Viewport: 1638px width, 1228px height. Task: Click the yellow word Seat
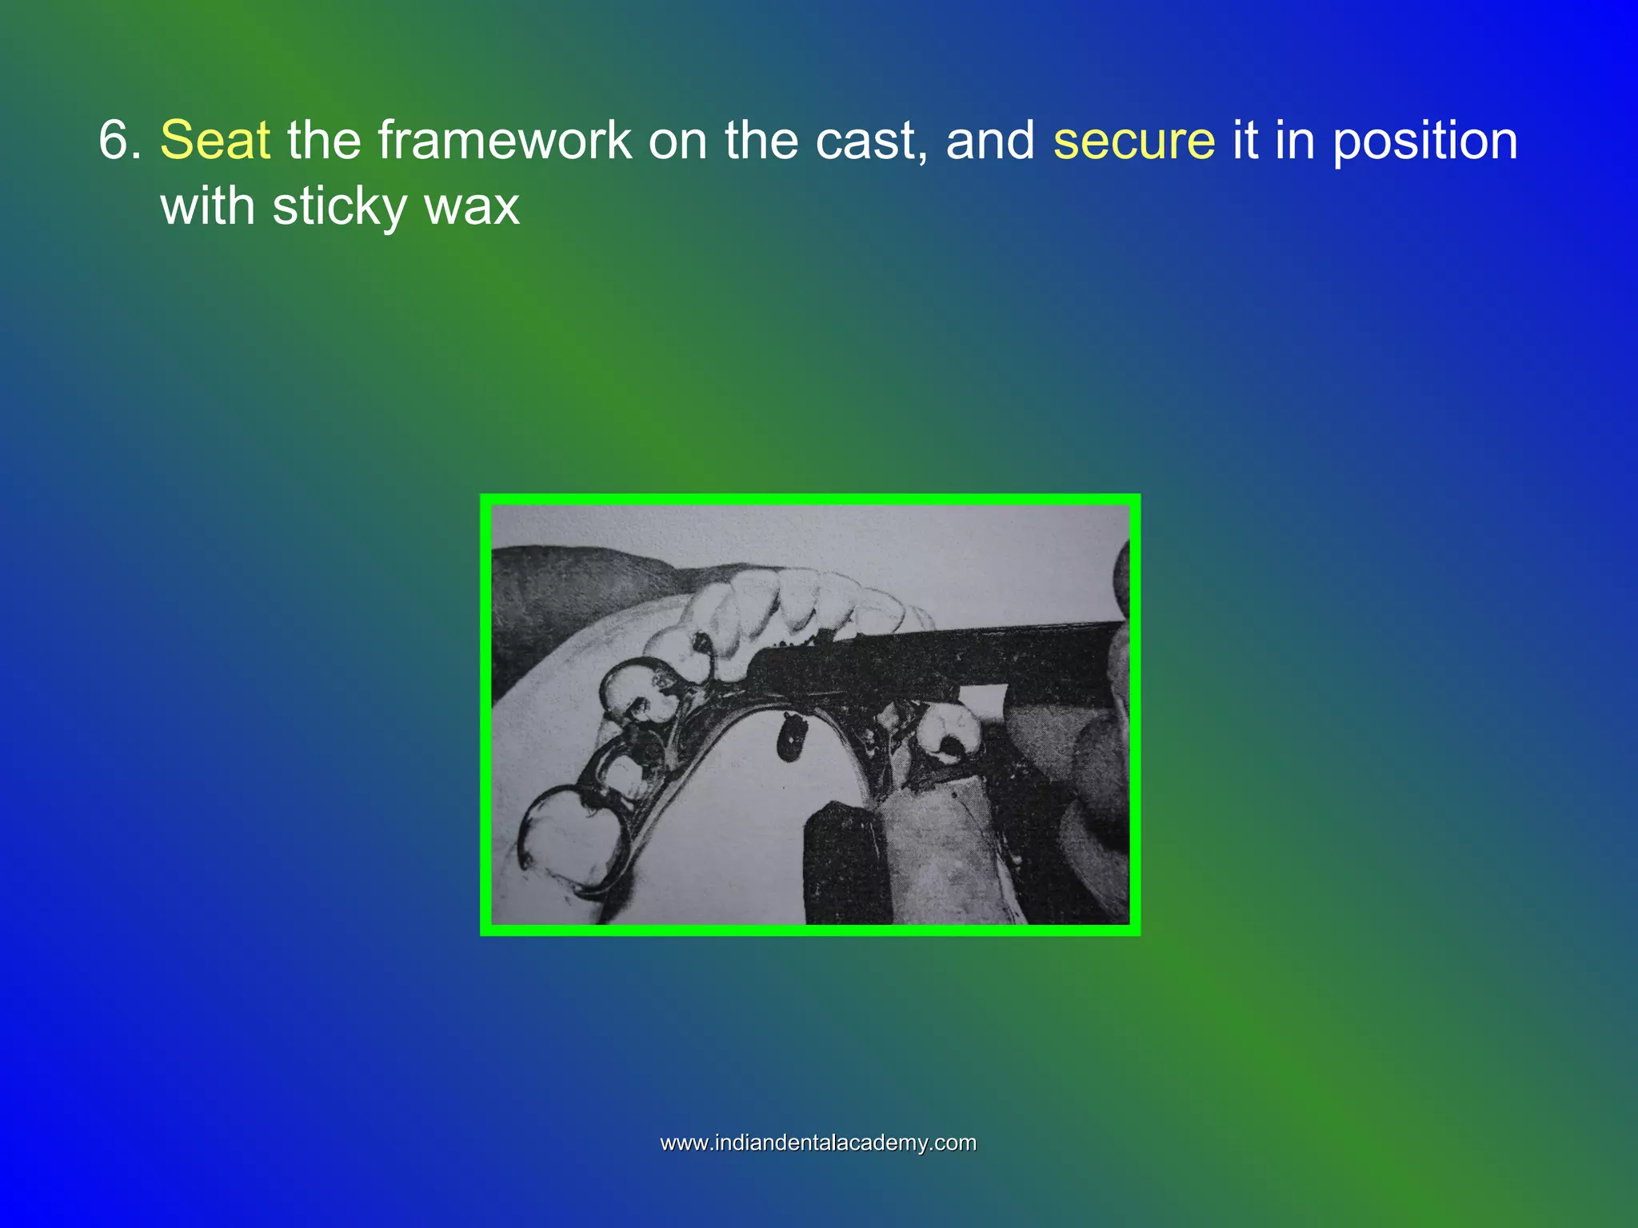pos(215,141)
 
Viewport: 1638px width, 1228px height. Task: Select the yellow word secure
pos(1133,141)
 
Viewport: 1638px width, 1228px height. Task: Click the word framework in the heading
pos(505,141)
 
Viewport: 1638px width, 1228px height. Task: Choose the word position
pos(1424,141)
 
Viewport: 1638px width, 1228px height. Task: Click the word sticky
pos(340,206)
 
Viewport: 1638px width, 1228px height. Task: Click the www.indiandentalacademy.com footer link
pos(818,1142)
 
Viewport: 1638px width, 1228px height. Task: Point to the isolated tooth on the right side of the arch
pos(949,734)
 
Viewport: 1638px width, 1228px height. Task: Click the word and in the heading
pos(991,141)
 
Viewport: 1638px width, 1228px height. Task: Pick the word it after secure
pos(1244,141)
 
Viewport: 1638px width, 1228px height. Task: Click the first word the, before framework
pos(324,141)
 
